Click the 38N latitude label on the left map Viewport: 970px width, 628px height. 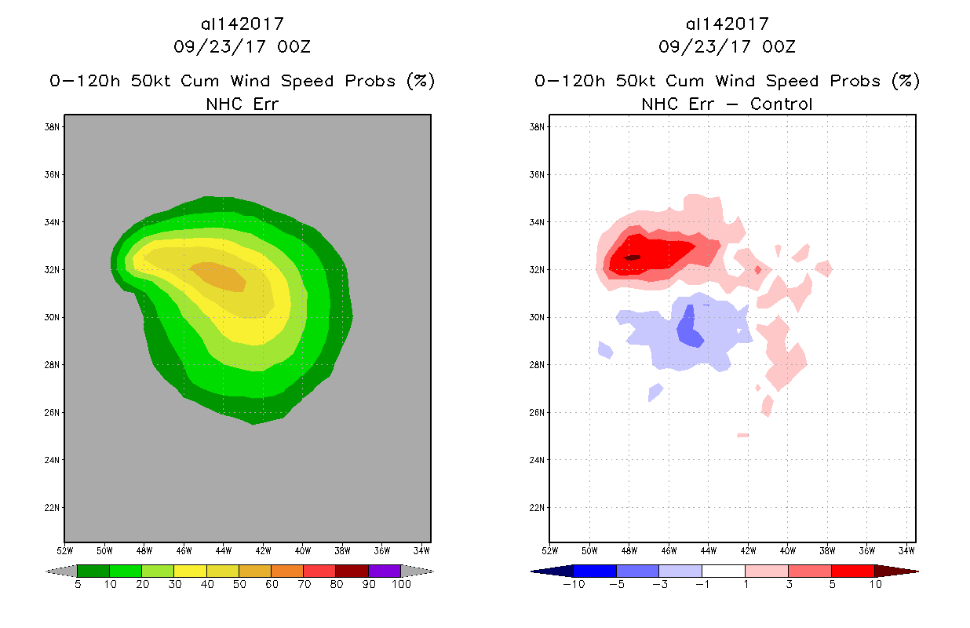[x=53, y=127]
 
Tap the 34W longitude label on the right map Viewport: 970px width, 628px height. [x=906, y=549]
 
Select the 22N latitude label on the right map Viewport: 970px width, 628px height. [x=538, y=508]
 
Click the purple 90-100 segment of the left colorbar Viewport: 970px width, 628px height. [x=385, y=571]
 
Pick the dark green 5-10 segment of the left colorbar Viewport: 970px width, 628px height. [x=93, y=571]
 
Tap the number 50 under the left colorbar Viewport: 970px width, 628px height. [x=239, y=584]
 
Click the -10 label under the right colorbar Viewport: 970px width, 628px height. [x=573, y=584]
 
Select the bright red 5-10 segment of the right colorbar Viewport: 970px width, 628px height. [x=852, y=571]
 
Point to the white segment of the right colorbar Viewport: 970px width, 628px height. [x=724, y=571]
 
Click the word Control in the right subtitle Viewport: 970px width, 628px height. [x=781, y=104]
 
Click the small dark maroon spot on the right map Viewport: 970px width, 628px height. [x=632, y=257]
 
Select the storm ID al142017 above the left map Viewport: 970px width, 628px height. [x=242, y=24]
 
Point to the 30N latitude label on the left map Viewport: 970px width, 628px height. [x=53, y=318]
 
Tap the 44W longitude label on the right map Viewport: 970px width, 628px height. [x=708, y=549]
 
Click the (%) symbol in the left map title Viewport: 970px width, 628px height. [x=421, y=81]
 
